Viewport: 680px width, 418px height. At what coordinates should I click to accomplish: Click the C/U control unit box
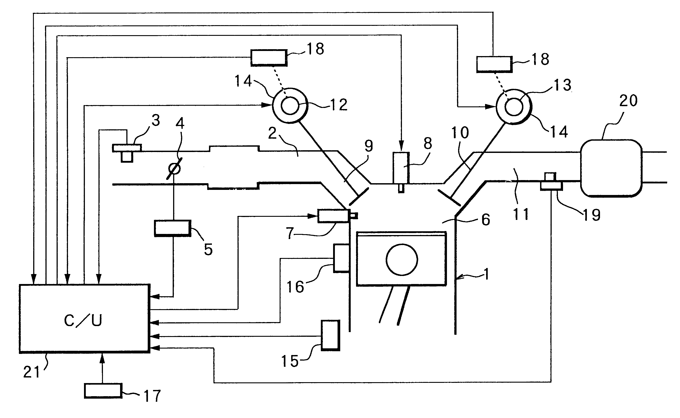[x=84, y=319]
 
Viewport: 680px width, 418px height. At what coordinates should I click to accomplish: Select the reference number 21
[x=32, y=372]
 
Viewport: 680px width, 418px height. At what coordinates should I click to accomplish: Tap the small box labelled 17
[x=103, y=391]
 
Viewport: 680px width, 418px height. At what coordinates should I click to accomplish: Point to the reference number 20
[x=628, y=101]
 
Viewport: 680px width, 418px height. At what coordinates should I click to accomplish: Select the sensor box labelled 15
[x=330, y=335]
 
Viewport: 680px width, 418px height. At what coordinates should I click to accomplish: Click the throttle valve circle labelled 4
[x=174, y=168]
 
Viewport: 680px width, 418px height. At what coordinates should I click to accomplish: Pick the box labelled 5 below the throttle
[x=173, y=228]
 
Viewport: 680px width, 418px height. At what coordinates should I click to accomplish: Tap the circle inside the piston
[x=402, y=260]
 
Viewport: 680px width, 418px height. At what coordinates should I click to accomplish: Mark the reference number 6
[x=486, y=220]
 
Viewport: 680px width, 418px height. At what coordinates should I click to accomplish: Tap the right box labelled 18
[x=494, y=64]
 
